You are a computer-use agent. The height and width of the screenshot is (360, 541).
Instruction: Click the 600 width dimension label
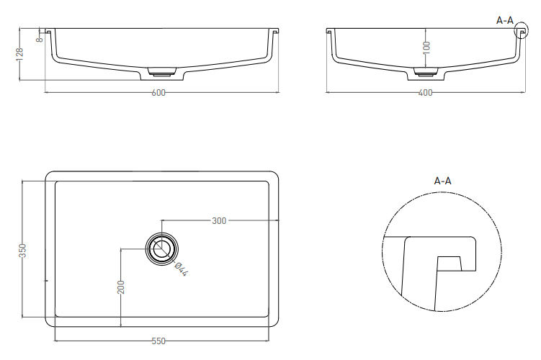(158, 92)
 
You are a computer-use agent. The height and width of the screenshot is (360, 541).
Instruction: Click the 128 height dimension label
(19, 54)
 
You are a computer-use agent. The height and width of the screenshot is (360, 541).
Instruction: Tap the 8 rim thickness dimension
(40, 39)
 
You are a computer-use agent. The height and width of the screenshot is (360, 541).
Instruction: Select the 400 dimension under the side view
(425, 92)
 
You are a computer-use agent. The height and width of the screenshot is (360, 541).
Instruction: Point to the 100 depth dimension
(426, 48)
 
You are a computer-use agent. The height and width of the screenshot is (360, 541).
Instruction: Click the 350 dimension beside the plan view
(22, 251)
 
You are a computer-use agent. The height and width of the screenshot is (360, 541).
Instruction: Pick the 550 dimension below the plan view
(158, 341)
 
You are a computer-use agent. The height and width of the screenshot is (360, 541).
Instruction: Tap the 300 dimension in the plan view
(219, 221)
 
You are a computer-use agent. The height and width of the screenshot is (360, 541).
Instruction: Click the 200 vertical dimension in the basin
(121, 287)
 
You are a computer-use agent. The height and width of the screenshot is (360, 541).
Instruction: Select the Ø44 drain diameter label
(181, 269)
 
